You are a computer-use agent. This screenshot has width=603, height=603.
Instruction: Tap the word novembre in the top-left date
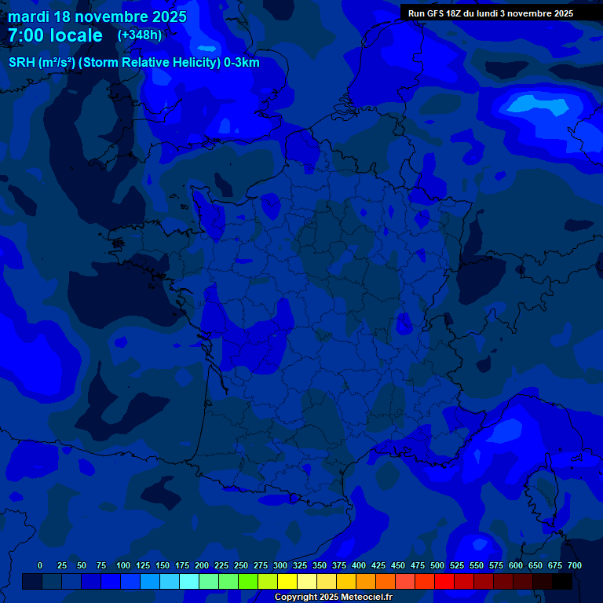point(113,16)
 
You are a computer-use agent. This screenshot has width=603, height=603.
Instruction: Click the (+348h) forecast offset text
point(139,35)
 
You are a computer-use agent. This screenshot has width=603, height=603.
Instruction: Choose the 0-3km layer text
point(243,63)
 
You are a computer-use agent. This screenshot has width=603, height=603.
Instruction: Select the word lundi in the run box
point(499,13)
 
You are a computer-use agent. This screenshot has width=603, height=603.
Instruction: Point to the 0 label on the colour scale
point(40,565)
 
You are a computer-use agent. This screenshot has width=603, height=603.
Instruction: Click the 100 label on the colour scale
point(123,565)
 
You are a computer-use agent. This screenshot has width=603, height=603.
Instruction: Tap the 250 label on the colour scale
point(241,565)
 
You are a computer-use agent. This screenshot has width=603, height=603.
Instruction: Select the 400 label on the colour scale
point(359,565)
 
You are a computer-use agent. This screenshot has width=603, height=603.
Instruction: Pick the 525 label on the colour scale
point(457,565)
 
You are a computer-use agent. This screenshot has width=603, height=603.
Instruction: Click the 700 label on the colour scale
point(575,565)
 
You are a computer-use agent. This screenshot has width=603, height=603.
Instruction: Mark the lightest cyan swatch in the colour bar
point(189,581)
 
